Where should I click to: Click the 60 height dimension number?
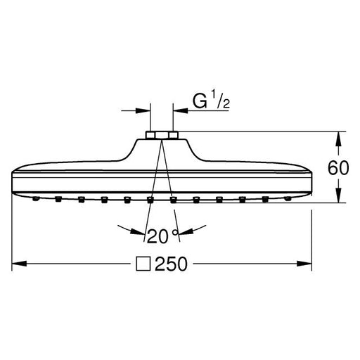pyautogui.click(x=338, y=168)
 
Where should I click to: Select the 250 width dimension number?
pyautogui.click(x=171, y=264)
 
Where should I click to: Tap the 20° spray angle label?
pyautogui.click(x=162, y=236)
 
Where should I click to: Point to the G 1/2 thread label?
pyautogui.click(x=211, y=101)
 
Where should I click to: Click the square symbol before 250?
pyautogui.click(x=143, y=264)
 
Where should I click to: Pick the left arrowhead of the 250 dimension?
pyautogui.click(x=19, y=264)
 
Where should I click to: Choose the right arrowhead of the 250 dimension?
pyautogui.click(x=304, y=264)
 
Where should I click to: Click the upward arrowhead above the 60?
pyautogui.click(x=338, y=139)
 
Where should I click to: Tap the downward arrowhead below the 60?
pyautogui.click(x=338, y=195)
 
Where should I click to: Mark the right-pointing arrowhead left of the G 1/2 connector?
pyautogui.click(x=143, y=110)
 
